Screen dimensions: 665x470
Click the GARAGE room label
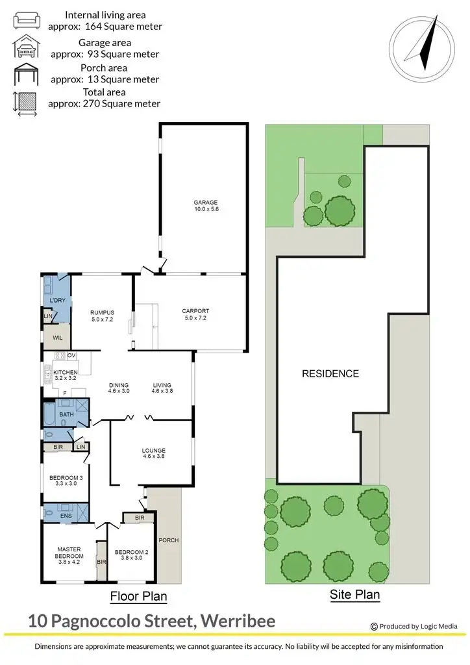pos(205,203)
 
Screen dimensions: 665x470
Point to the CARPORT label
pos(195,310)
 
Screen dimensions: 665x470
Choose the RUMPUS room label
pos(102,312)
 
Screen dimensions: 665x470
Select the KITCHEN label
pos(66,371)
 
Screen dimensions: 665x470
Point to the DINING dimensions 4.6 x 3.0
pos(119,391)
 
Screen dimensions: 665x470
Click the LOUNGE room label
pos(154,450)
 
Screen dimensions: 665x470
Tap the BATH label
pos(66,414)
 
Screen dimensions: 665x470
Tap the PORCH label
pos(168,540)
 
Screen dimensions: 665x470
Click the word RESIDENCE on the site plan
pos(330,373)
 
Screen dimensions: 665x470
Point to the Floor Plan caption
pos(138,596)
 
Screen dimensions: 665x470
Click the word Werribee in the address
pos(238,621)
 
